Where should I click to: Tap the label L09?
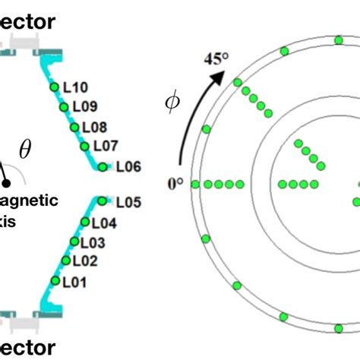84,107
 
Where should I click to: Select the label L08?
94,127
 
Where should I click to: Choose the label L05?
128,203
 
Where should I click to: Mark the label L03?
91,243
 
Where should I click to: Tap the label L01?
74,283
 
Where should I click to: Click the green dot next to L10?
54,87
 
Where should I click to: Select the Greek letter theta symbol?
26,150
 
